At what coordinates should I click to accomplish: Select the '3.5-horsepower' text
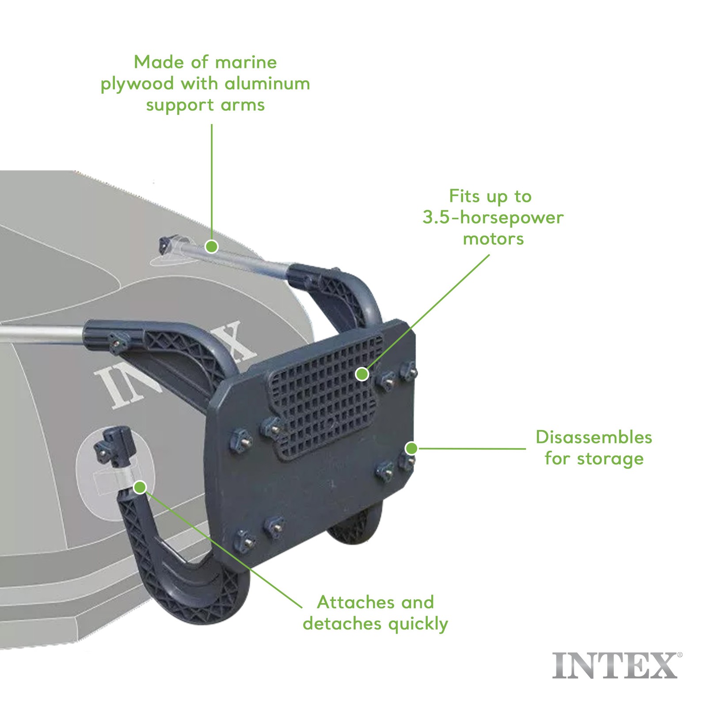[x=493, y=218]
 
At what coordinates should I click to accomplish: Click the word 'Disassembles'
[x=594, y=437]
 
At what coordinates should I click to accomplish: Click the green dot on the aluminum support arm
[x=212, y=247]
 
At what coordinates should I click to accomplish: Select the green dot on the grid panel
[x=362, y=374]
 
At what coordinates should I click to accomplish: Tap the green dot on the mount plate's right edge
[x=411, y=449]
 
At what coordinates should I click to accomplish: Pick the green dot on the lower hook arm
[x=140, y=487]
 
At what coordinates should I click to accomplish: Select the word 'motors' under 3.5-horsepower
[x=493, y=239]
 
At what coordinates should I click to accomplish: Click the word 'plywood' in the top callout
[x=137, y=84]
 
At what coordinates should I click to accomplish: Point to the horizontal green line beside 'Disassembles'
[x=472, y=449]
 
